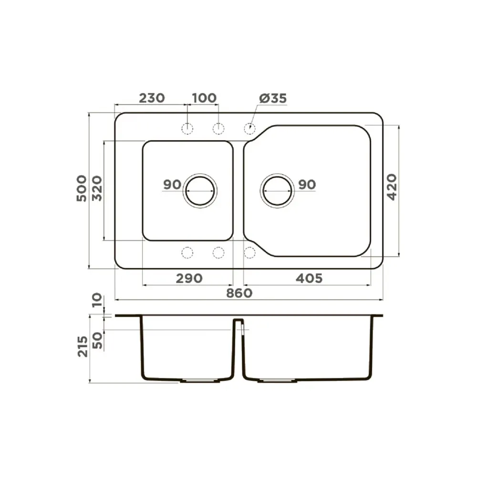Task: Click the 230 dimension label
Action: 152,98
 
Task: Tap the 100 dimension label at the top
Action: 205,98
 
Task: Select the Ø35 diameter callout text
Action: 273,98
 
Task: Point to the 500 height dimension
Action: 82,188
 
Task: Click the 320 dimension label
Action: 97,188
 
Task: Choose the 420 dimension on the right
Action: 392,187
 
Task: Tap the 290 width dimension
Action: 189,279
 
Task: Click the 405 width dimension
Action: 309,279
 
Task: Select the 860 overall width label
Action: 239,293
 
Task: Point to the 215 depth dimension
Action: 83,346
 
